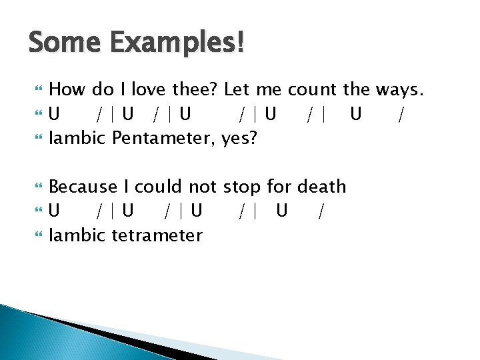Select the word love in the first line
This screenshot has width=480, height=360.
(151, 89)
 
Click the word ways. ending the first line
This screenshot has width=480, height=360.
(399, 89)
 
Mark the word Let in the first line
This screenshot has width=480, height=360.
(237, 89)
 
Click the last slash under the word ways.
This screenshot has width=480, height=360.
(400, 115)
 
